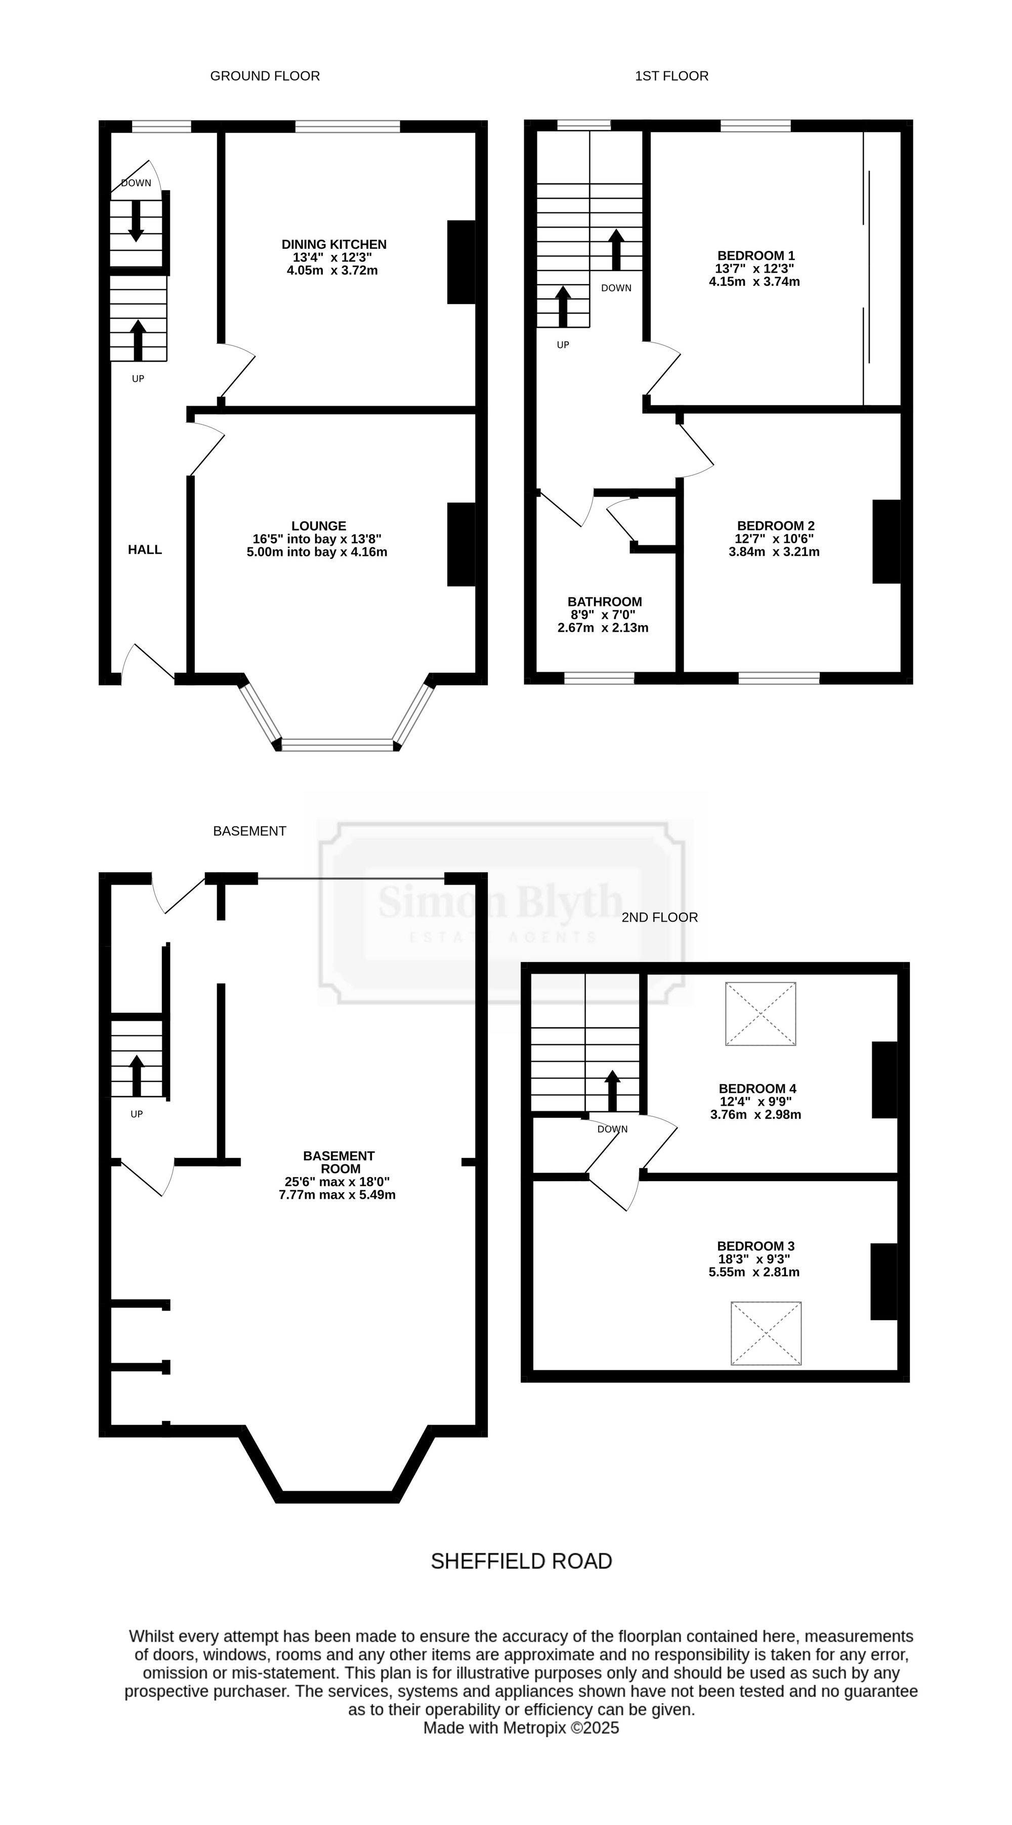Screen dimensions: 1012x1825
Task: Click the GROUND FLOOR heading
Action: (265, 76)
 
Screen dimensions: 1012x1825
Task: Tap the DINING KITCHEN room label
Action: (334, 244)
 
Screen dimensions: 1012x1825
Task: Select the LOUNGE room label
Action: (319, 526)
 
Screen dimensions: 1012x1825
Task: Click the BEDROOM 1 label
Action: (756, 256)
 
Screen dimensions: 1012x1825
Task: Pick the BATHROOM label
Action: (605, 601)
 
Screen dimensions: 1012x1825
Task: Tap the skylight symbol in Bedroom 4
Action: (761, 1014)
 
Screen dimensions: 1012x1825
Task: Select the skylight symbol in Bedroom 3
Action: (766, 1333)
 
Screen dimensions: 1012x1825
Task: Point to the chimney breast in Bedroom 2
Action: (886, 541)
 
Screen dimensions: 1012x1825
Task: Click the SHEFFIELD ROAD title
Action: (522, 1561)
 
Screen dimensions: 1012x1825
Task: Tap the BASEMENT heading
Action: (249, 831)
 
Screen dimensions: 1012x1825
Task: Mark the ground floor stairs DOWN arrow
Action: (136, 221)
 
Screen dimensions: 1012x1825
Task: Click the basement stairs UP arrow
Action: (137, 1075)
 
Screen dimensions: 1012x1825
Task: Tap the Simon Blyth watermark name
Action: (500, 901)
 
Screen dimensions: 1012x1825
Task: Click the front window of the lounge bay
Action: (338, 745)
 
